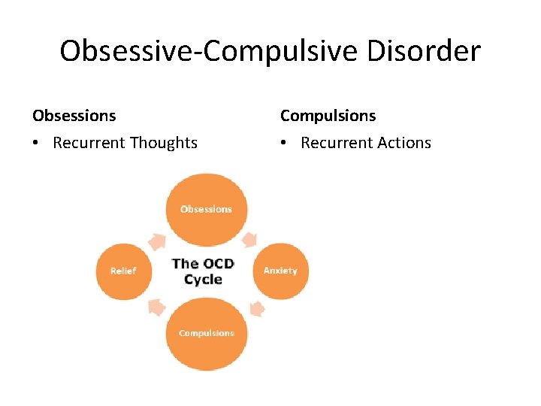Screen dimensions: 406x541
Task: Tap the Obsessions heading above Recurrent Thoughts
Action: [x=74, y=116]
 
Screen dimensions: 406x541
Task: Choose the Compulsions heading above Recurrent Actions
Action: [x=328, y=116]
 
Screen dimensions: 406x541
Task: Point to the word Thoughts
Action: [x=163, y=143]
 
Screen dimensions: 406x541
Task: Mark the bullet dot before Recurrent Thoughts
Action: [x=37, y=144]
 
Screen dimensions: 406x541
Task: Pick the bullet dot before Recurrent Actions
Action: [x=285, y=144]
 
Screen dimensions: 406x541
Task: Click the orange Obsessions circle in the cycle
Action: [x=206, y=208]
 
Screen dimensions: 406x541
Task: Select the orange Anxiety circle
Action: [x=280, y=271]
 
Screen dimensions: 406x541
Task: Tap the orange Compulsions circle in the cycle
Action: [x=206, y=333]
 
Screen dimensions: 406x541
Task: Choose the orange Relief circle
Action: [x=123, y=271]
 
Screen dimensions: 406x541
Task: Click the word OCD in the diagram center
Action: [x=217, y=263]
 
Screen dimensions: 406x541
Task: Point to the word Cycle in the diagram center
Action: [x=203, y=280]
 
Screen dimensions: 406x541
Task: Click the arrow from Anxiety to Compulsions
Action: [x=256, y=308]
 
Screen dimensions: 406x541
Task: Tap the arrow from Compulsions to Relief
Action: [x=158, y=306]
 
